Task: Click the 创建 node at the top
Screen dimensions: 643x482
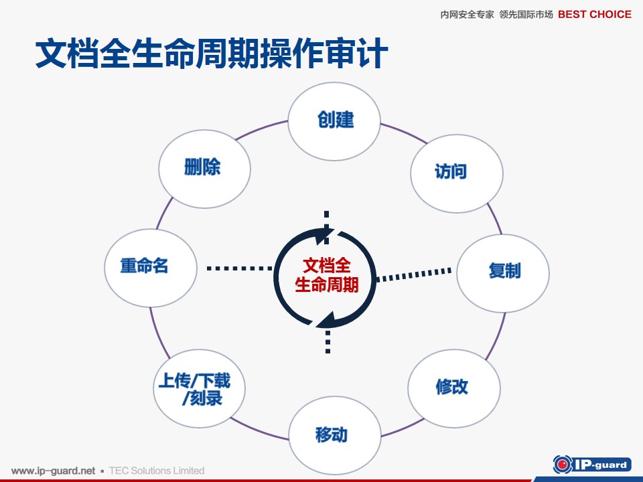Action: click(x=334, y=121)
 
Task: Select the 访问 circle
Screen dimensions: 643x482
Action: click(x=457, y=173)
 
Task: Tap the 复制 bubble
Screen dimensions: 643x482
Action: click(x=503, y=273)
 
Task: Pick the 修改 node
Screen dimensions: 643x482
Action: click(x=454, y=388)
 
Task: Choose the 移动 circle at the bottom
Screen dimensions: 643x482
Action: click(x=335, y=435)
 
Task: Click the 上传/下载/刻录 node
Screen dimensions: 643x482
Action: click(x=200, y=388)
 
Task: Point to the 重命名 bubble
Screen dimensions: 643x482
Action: click(x=151, y=268)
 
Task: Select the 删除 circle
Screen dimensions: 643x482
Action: click(x=205, y=169)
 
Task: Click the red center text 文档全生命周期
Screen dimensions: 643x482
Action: click(x=327, y=275)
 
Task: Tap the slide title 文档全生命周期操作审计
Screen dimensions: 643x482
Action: click(x=212, y=53)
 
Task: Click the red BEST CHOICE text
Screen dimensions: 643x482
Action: click(x=595, y=14)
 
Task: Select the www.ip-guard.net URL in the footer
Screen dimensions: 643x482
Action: click(x=54, y=471)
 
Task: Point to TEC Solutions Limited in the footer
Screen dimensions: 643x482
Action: click(x=157, y=471)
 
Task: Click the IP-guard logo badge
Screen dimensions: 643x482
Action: click(x=591, y=465)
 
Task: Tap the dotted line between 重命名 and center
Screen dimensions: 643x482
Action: click(x=240, y=268)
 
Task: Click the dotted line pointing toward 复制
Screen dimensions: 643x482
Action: click(x=414, y=274)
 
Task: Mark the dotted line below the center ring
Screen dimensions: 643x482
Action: click(x=328, y=342)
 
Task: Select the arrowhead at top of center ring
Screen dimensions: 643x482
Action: click(x=324, y=236)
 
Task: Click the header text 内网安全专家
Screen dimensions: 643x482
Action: click(x=467, y=15)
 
